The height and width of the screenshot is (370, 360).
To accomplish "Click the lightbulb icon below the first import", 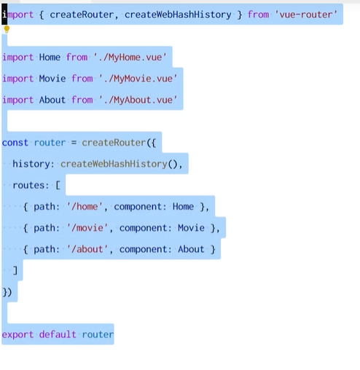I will pyautogui.click(x=7, y=30).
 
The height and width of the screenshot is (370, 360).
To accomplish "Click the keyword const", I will pyautogui.click(x=15, y=142).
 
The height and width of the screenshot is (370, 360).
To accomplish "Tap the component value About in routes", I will pyautogui.click(x=191, y=249).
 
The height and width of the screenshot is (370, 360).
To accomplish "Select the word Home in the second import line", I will pyautogui.click(x=50, y=57).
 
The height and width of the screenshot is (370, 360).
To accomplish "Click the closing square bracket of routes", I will pyautogui.click(x=15, y=270).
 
